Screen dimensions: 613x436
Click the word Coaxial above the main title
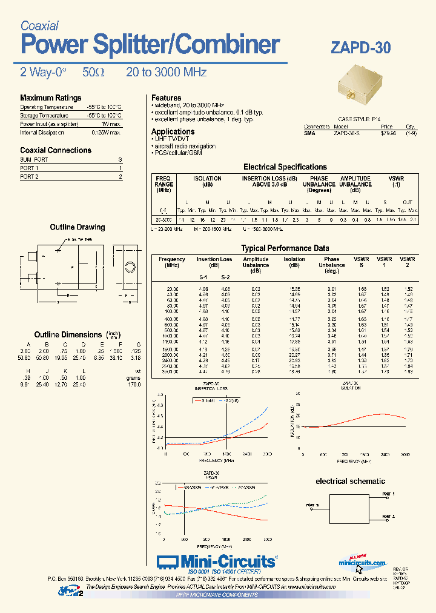pyautogui.click(x=39, y=25)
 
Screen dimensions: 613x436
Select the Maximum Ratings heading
pyautogui.click(x=50, y=98)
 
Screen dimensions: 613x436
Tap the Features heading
pyautogui.click(x=166, y=98)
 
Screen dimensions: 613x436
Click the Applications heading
pyautogui.click(x=173, y=131)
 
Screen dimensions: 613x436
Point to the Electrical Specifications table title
pyautogui.click(x=285, y=167)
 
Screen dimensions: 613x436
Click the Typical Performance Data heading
pyautogui.click(x=285, y=248)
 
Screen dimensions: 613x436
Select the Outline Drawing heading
pyautogui.click(x=77, y=227)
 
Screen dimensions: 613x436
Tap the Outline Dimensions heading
pyautogui.click(x=68, y=334)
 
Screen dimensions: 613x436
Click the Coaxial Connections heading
pyautogui.click(x=56, y=150)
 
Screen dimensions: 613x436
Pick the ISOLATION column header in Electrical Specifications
pyautogui.click(x=207, y=179)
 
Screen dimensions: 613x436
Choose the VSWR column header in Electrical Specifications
pyautogui.click(x=395, y=179)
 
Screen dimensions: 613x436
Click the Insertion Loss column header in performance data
pyautogui.click(x=214, y=259)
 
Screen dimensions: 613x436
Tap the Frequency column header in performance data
pyautogui.click(x=172, y=259)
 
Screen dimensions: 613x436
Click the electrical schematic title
pyautogui.click(x=350, y=481)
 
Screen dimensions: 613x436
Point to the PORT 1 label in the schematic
pyautogui.click(x=388, y=494)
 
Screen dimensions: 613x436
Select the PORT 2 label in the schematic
pyautogui.click(x=388, y=516)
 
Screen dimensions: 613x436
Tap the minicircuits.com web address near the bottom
pyautogui.click(x=362, y=563)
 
